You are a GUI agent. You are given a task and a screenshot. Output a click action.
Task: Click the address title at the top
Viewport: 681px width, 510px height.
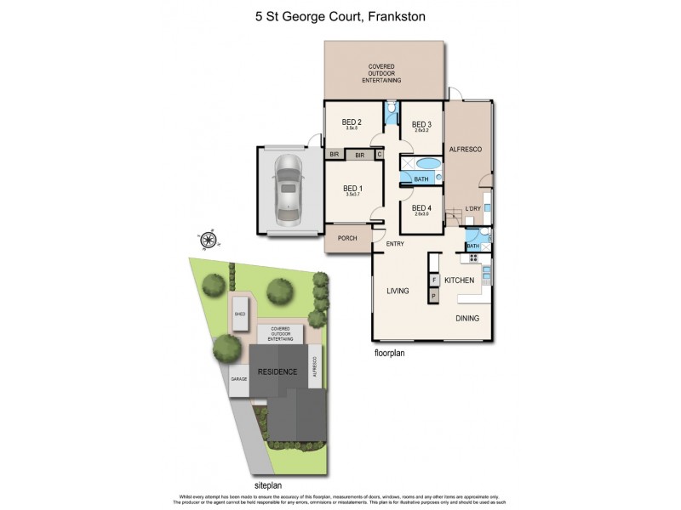coord(340,14)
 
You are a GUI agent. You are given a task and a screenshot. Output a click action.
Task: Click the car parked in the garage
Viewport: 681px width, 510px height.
coord(288,189)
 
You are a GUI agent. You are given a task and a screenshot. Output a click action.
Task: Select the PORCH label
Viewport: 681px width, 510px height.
coord(347,239)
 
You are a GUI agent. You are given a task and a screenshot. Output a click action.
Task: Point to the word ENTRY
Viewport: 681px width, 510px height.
coord(395,245)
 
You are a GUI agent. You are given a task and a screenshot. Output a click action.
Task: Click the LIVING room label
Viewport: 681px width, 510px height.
coord(398,291)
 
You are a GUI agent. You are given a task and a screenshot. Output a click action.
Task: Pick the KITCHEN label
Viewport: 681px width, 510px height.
coord(459,280)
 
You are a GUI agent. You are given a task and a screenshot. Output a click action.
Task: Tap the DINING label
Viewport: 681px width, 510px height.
coord(466,319)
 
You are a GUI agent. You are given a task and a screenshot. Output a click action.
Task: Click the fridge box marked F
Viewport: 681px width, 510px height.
coord(433,280)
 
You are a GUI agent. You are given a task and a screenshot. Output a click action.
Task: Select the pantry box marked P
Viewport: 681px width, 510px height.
coord(433,296)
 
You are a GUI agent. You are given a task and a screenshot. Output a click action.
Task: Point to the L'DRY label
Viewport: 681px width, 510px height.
coord(472,209)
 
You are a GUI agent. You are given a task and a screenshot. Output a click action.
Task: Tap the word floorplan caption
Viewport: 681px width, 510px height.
coord(389,351)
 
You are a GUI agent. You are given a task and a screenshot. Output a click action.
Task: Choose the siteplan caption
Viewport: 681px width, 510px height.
coord(268,462)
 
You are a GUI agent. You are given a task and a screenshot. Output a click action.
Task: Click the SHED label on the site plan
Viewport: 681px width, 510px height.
coord(240,314)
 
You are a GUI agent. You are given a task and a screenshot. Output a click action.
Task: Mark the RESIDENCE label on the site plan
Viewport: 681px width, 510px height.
coord(278,372)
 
